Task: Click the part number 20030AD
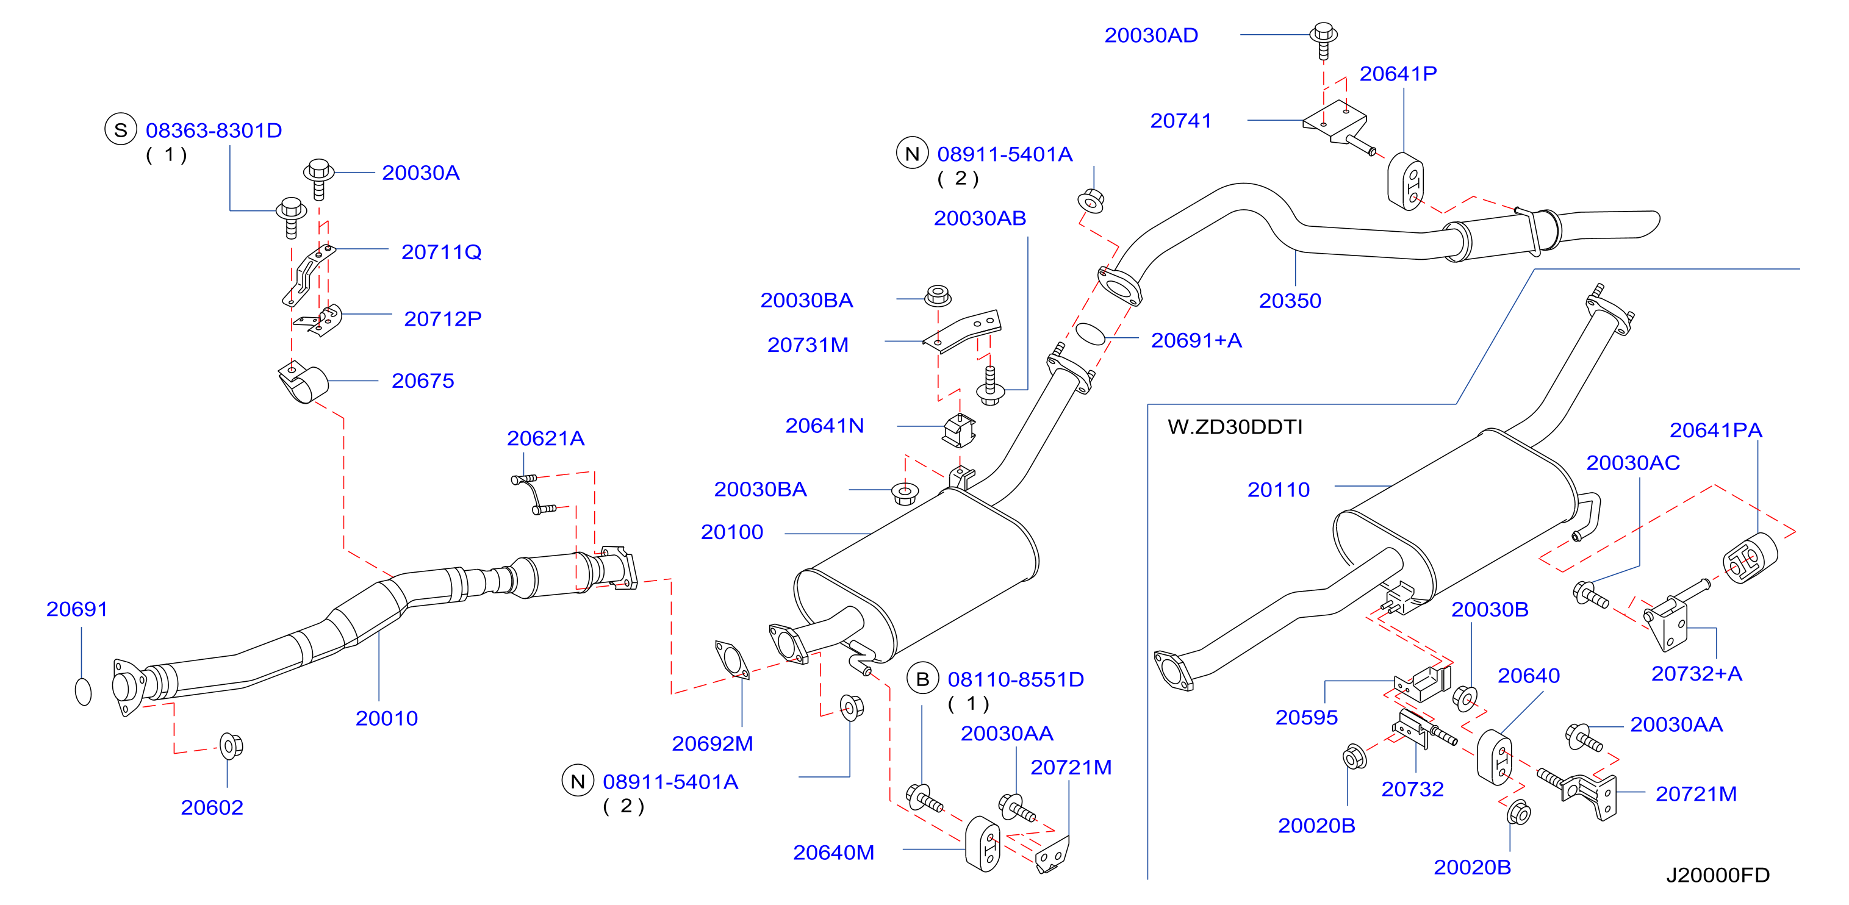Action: coord(1151,35)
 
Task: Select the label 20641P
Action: coord(1398,73)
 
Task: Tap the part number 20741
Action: coord(1181,121)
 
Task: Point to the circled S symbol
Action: coord(121,130)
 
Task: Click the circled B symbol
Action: coord(923,678)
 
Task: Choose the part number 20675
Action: coord(423,381)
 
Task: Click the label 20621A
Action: coord(545,438)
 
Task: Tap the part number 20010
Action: coord(386,718)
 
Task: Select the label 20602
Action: coord(212,807)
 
